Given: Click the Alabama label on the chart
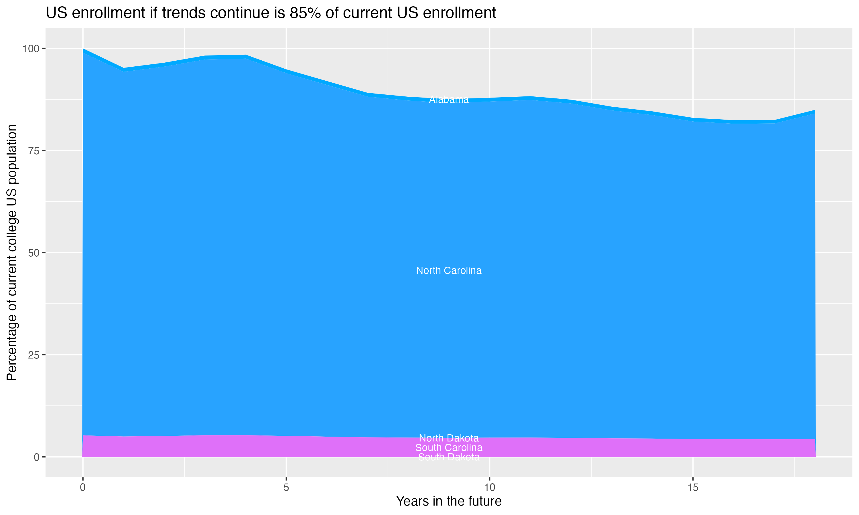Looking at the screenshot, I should tap(449, 100).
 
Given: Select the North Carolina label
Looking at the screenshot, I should tap(449, 271).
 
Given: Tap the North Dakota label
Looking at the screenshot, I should tap(449, 438).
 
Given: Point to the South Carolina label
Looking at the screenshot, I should tap(449, 448).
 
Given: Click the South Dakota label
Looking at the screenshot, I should tap(449, 457).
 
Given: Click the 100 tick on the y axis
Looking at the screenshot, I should tap(31, 49).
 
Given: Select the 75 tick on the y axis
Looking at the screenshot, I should tap(33, 150).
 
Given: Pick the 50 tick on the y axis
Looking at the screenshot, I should tap(33, 253).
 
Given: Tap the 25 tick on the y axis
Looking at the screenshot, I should tap(33, 355).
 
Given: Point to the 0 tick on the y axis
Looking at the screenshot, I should tap(36, 457).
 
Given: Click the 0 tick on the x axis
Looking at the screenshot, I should tap(83, 488).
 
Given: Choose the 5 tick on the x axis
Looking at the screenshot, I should tap(286, 488).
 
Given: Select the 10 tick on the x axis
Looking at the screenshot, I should tap(489, 488).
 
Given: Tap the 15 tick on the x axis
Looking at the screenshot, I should tap(693, 488).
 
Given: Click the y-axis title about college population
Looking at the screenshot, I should tap(12, 253).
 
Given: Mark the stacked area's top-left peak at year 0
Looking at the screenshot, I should tap(83, 49).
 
